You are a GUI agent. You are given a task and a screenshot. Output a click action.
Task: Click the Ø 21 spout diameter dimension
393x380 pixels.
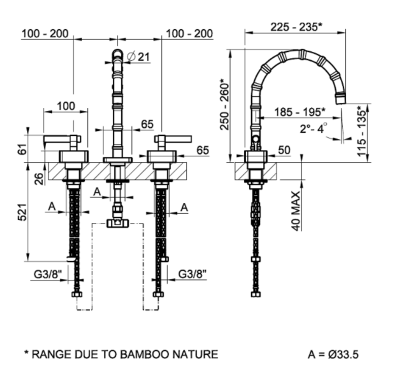click(x=138, y=57)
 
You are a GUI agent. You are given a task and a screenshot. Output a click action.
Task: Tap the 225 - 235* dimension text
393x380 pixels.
click(x=296, y=27)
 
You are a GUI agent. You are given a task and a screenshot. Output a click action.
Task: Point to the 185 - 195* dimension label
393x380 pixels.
click(x=300, y=112)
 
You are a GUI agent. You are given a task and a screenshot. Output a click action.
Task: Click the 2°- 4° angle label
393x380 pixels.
click(x=313, y=128)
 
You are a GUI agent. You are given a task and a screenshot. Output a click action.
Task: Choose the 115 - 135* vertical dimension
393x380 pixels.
click(x=362, y=131)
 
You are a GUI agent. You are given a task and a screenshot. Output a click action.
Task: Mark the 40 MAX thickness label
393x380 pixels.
click(x=296, y=211)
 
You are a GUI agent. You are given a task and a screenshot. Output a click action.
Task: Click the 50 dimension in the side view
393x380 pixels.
click(x=284, y=150)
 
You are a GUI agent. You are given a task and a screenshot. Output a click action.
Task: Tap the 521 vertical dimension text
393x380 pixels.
click(x=22, y=213)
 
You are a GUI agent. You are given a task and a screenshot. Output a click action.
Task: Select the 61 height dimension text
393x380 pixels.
click(x=22, y=149)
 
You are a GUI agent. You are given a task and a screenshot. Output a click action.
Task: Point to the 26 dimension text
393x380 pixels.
click(x=39, y=179)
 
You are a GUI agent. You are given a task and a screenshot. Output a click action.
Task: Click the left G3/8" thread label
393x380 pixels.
click(x=48, y=274)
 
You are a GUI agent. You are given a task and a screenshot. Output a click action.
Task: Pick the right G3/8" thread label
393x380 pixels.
click(x=192, y=274)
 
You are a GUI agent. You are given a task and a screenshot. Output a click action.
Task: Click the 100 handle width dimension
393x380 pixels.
click(x=66, y=106)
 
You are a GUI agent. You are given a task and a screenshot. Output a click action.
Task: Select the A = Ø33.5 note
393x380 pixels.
click(x=333, y=354)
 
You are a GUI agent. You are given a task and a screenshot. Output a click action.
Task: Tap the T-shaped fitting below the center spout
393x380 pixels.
click(x=118, y=223)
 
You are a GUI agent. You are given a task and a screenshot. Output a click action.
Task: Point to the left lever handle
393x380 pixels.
click(x=62, y=139)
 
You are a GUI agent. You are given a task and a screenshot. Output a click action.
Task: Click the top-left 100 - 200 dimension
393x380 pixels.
click(x=45, y=34)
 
